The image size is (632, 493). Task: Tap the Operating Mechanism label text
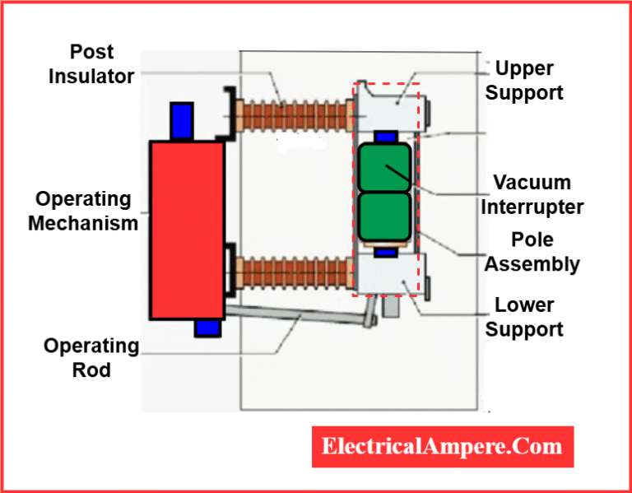[83, 211]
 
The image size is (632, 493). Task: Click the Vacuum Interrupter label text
[532, 193]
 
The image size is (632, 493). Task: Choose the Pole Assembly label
[532, 252]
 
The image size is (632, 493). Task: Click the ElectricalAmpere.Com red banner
[442, 447]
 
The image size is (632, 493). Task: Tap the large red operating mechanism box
[186, 229]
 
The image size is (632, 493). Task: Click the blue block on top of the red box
[181, 121]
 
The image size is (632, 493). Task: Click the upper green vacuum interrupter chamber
[384, 167]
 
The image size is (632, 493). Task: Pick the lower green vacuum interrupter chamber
[384, 217]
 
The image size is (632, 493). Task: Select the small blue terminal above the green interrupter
[384, 136]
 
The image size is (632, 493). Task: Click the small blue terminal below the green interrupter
[384, 252]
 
